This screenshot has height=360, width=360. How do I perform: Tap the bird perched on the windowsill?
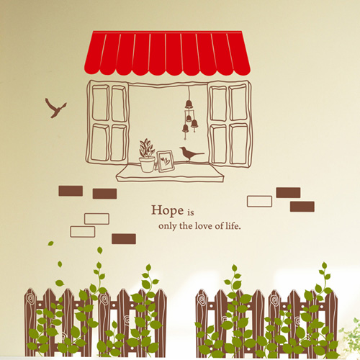(190, 153)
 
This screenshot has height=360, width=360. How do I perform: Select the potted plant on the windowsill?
(147, 156)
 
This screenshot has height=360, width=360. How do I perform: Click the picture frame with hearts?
(166, 161)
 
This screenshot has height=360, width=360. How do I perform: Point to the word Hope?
(167, 211)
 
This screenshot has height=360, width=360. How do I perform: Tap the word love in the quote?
(204, 226)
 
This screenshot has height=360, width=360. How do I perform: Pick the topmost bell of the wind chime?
(189, 104)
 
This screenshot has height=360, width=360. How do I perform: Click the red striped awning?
(167, 53)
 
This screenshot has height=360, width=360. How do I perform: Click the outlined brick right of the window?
(259, 202)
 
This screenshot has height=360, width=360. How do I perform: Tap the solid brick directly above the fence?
(124, 239)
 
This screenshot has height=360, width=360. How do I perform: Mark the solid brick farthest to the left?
(71, 191)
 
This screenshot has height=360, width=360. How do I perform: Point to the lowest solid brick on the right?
(302, 207)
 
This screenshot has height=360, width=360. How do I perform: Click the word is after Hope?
(191, 212)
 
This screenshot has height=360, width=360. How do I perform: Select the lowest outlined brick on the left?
(83, 232)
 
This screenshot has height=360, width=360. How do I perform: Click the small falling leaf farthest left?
(50, 243)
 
